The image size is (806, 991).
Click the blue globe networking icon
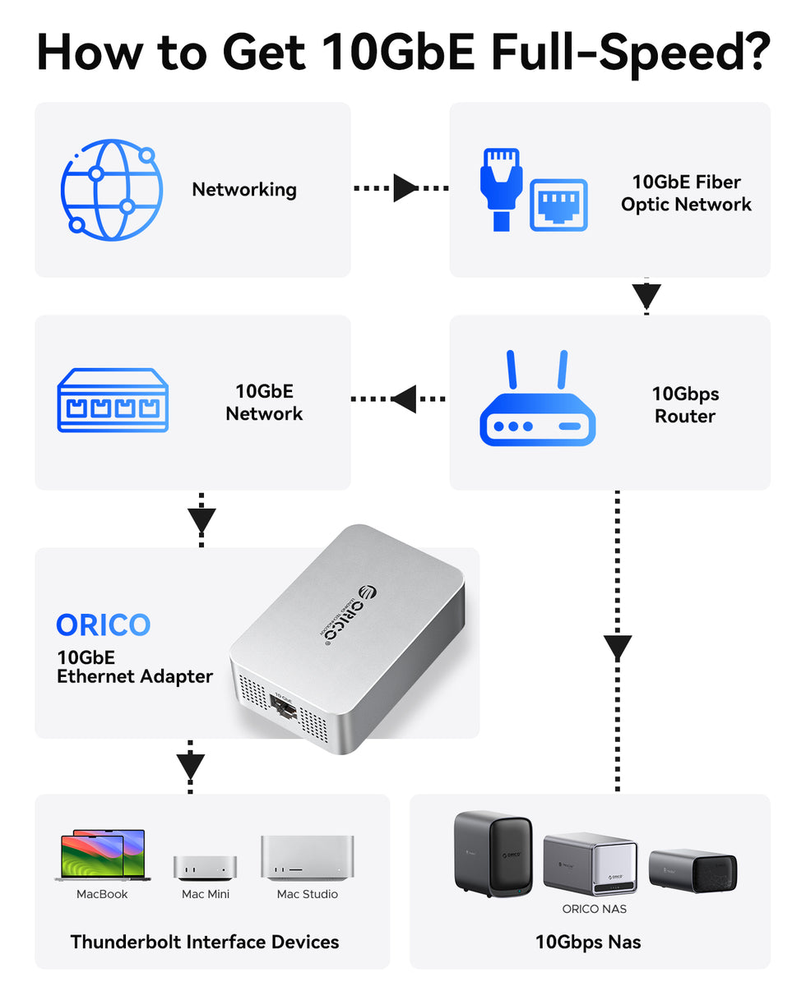point(111,190)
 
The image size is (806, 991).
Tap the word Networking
point(244,190)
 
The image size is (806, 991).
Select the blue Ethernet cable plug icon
point(501,188)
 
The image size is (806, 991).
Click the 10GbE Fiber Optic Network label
point(686,193)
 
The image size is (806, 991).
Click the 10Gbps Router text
point(684,405)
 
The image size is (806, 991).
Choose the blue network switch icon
point(113,401)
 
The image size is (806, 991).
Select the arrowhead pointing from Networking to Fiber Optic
point(405,188)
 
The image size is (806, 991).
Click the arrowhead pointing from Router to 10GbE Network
point(403,400)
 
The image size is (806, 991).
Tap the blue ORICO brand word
point(104,625)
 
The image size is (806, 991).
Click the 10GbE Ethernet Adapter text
point(134,667)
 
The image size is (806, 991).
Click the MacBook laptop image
point(102,855)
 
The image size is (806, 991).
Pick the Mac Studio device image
point(307,858)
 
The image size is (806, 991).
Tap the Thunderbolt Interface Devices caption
point(205,942)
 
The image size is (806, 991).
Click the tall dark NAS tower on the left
point(493,854)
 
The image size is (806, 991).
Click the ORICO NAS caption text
point(594,909)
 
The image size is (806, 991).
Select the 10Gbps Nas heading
point(588,942)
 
